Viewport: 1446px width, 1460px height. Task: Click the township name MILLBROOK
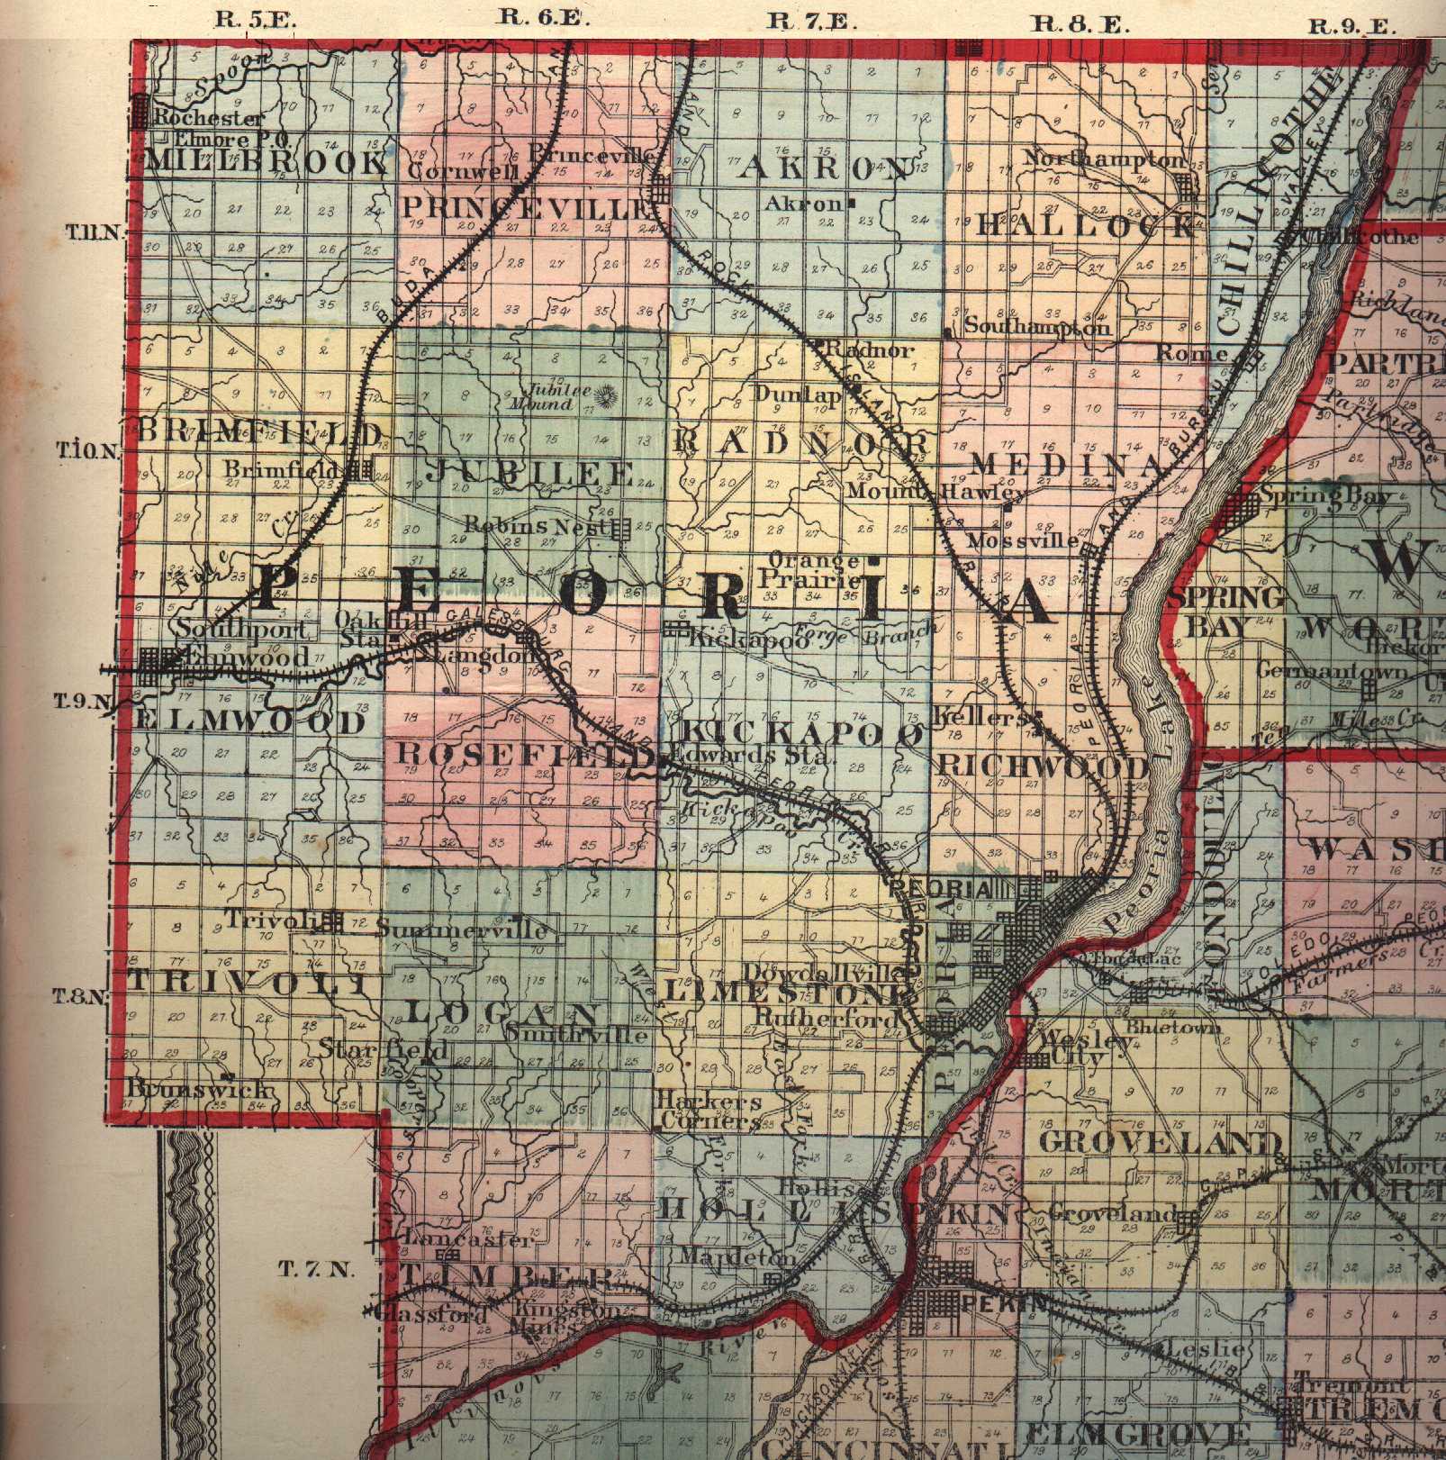(265, 163)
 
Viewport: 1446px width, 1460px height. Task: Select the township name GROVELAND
(1160, 1143)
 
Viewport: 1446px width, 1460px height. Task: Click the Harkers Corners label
(709, 1111)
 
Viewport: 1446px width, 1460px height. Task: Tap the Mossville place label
(1021, 541)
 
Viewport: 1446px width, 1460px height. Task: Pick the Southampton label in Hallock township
(1035, 327)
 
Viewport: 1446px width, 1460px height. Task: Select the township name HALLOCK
(1087, 225)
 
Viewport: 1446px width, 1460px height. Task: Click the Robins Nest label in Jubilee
(532, 525)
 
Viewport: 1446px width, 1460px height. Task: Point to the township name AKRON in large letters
(823, 169)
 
